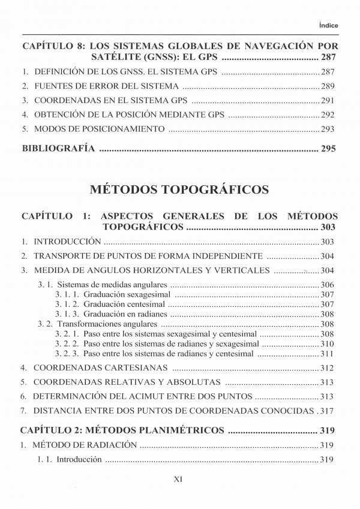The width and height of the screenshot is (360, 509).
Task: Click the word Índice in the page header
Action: click(x=329, y=25)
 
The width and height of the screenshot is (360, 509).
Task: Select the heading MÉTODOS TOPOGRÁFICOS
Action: click(x=179, y=191)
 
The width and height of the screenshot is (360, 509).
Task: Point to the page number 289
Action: click(x=328, y=86)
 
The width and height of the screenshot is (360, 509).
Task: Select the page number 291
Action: click(x=328, y=100)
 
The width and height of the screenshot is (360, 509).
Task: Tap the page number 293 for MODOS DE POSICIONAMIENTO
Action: click(x=328, y=129)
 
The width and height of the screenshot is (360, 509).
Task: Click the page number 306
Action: click(x=328, y=285)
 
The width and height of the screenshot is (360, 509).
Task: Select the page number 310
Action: click(x=328, y=344)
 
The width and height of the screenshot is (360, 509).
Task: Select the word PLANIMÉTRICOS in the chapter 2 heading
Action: click(x=177, y=430)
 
